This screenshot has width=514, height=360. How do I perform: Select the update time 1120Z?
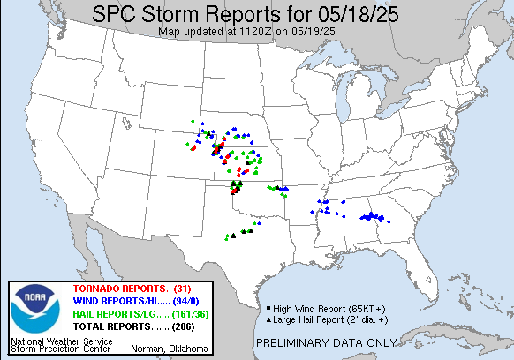[x=257, y=32]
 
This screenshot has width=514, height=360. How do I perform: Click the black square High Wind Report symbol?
[x=267, y=307]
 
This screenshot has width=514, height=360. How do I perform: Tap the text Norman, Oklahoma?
[x=175, y=349]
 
